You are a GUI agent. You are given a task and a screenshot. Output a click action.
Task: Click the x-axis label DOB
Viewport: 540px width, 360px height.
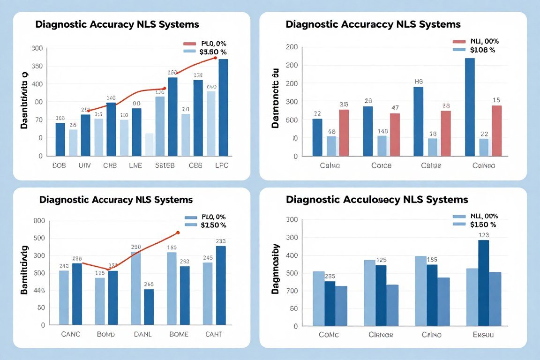coord(60,165)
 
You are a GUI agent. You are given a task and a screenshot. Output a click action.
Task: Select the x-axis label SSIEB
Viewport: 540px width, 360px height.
coord(165,165)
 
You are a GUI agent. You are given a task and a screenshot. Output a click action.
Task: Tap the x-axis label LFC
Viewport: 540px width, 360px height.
coord(221,165)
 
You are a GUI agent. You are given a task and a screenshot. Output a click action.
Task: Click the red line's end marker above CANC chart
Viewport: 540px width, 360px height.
coord(178,232)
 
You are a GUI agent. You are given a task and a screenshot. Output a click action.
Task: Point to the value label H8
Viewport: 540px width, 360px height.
coord(419,81)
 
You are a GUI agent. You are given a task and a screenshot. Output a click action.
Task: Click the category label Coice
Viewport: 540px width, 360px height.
coord(381,165)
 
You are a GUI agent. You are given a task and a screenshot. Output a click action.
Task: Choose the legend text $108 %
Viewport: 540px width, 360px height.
coord(482,50)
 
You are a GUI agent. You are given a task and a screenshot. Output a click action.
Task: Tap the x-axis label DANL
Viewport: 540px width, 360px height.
coord(142,334)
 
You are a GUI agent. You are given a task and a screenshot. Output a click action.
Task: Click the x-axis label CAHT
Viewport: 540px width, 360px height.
coord(213,334)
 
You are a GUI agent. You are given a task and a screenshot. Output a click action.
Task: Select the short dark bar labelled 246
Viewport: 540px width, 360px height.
coord(149,307)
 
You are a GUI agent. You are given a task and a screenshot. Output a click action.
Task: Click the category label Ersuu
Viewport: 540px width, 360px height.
coord(483,335)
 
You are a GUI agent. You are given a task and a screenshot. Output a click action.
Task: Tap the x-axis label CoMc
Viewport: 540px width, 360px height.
coord(329,335)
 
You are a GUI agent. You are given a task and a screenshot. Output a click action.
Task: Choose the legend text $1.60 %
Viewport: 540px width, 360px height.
coord(213,52)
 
